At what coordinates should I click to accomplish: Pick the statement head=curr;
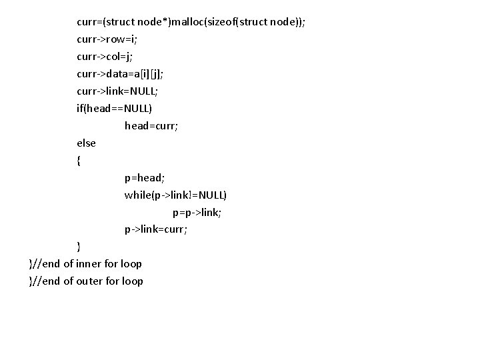[151, 125]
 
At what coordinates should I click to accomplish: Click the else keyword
[86, 143]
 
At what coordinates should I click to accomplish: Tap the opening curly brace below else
[79, 160]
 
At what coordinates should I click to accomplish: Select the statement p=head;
[145, 177]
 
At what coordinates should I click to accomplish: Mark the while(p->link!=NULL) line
[175, 195]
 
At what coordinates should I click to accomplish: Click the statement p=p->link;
[197, 212]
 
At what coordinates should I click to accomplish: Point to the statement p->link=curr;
[156, 229]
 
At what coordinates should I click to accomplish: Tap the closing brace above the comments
[79, 247]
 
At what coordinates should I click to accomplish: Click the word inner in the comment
[89, 264]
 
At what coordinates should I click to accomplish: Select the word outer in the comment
[90, 281]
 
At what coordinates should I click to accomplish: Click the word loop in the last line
[132, 281]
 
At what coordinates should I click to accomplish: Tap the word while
[137, 195]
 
